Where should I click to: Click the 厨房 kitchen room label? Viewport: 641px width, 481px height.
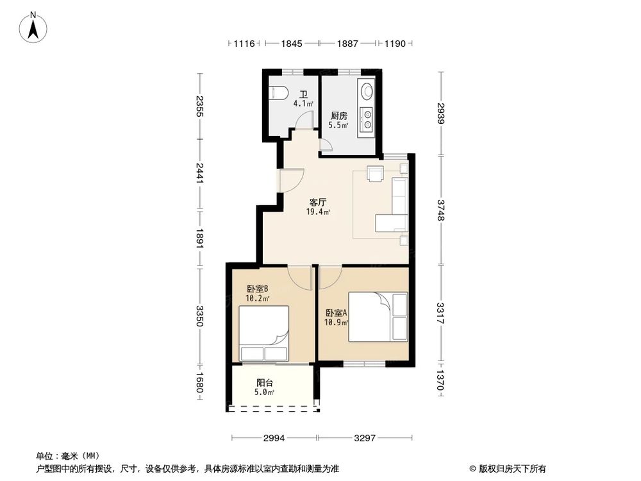pyautogui.click(x=339, y=116)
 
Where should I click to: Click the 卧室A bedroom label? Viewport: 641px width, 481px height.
pyautogui.click(x=336, y=313)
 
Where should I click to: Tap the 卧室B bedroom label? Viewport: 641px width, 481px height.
pyautogui.click(x=258, y=289)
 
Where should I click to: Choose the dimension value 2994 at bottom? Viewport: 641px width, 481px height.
pyautogui.click(x=274, y=438)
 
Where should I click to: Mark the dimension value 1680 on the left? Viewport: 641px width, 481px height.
pyautogui.click(x=200, y=384)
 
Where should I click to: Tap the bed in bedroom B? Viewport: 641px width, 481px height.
pyautogui.click(x=263, y=334)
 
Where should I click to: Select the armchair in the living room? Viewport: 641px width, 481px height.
pyautogui.click(x=374, y=174)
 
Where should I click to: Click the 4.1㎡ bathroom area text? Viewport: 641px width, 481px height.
pyautogui.click(x=303, y=103)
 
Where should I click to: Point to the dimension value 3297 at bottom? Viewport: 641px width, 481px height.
pyautogui.click(x=365, y=438)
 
